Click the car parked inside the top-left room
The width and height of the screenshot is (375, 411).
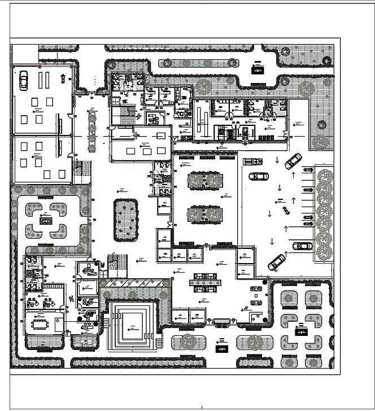click(24, 80)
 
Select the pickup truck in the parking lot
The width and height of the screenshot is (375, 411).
click(252, 161)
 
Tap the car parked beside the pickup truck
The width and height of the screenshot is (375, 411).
click(259, 176)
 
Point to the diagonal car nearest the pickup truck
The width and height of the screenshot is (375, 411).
click(293, 161)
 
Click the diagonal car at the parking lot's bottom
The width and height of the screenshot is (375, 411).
click(277, 261)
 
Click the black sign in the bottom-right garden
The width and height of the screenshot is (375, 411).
click(299, 327)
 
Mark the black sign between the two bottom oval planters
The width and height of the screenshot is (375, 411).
click(221, 344)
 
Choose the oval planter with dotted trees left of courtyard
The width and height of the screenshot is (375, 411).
click(125, 219)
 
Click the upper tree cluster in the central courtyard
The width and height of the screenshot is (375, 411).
click(204, 181)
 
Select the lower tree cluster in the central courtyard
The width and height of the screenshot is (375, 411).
click(204, 215)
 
